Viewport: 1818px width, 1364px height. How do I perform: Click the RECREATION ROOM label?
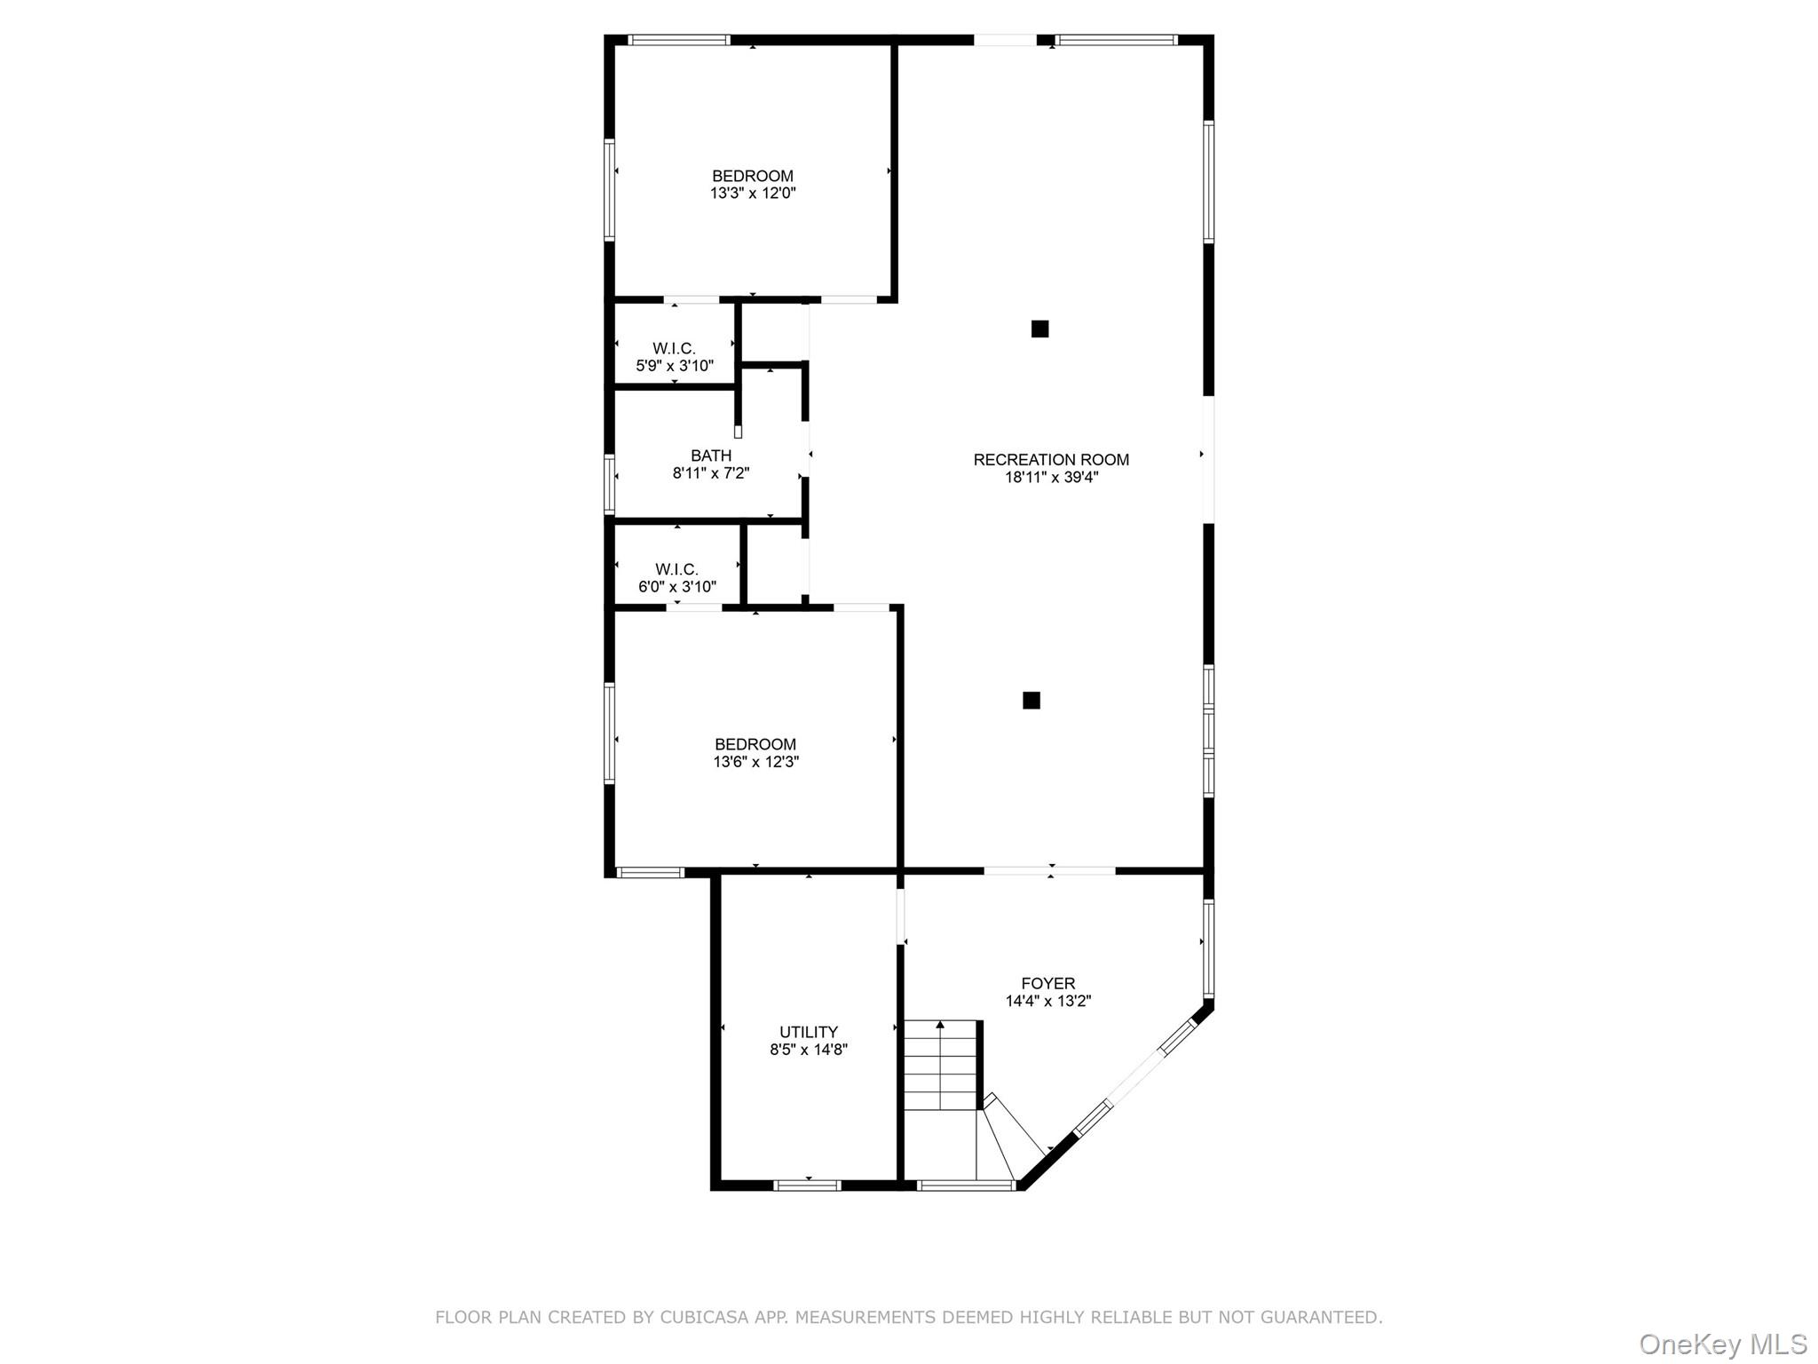1051,459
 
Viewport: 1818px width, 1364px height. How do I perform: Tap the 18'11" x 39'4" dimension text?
1051,477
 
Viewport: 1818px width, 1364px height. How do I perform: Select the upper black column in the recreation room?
1039,329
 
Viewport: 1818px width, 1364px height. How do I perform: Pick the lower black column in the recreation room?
1031,701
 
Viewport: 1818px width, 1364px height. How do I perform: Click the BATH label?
711,456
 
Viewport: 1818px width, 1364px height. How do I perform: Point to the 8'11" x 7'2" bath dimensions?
711,473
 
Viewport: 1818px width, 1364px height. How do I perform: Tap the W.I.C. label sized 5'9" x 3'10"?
674,348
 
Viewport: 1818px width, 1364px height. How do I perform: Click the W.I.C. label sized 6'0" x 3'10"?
676,569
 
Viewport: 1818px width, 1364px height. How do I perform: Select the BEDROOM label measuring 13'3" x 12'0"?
753,176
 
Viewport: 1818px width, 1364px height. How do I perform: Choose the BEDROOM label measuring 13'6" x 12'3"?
755,744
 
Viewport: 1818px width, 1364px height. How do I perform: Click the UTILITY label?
808,1032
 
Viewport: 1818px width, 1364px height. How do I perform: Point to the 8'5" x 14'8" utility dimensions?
808,1050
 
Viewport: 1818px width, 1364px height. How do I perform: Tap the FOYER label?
1047,983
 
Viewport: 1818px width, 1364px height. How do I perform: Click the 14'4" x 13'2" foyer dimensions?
1047,1001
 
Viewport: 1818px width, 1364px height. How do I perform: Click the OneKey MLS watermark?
1723,1344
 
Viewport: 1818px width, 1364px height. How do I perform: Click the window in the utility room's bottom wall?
807,1185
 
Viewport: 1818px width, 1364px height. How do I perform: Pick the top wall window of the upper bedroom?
679,40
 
